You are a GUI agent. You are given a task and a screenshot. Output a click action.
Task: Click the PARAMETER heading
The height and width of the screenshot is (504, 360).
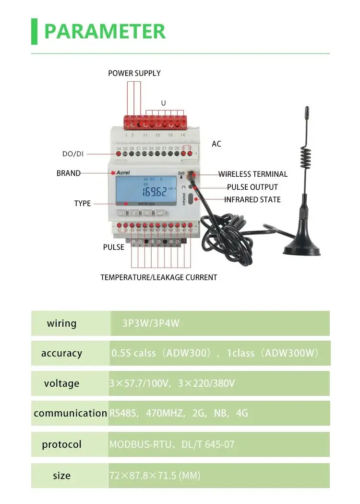(105, 31)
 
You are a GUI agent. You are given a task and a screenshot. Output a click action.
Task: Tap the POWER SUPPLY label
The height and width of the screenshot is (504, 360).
(134, 73)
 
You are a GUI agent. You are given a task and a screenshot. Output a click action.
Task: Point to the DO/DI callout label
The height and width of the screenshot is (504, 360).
(73, 154)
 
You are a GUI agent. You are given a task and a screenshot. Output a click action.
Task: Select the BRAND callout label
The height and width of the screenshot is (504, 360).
(69, 173)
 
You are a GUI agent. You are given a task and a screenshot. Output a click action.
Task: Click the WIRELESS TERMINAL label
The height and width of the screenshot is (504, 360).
(253, 174)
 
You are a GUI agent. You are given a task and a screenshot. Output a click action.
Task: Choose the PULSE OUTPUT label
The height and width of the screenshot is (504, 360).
(252, 187)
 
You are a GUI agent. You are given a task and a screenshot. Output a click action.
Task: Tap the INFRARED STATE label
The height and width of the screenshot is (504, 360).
(252, 199)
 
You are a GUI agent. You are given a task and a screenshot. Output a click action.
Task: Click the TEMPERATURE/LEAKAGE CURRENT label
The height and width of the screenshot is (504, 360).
(158, 277)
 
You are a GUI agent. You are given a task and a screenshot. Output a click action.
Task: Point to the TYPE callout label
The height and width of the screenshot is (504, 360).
(82, 203)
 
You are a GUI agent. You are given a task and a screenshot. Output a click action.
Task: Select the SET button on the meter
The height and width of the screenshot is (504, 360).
(121, 213)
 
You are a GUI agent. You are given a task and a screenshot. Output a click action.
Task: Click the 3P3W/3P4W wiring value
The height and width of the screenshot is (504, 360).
(151, 323)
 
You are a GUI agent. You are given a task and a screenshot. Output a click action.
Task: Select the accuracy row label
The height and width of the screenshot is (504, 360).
(61, 353)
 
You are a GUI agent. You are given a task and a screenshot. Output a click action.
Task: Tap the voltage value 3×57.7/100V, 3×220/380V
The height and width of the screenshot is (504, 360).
(172, 383)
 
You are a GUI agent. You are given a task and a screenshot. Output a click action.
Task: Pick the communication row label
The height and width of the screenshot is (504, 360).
(70, 413)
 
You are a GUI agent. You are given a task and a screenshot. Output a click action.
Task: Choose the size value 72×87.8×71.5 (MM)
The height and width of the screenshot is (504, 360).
(155, 476)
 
